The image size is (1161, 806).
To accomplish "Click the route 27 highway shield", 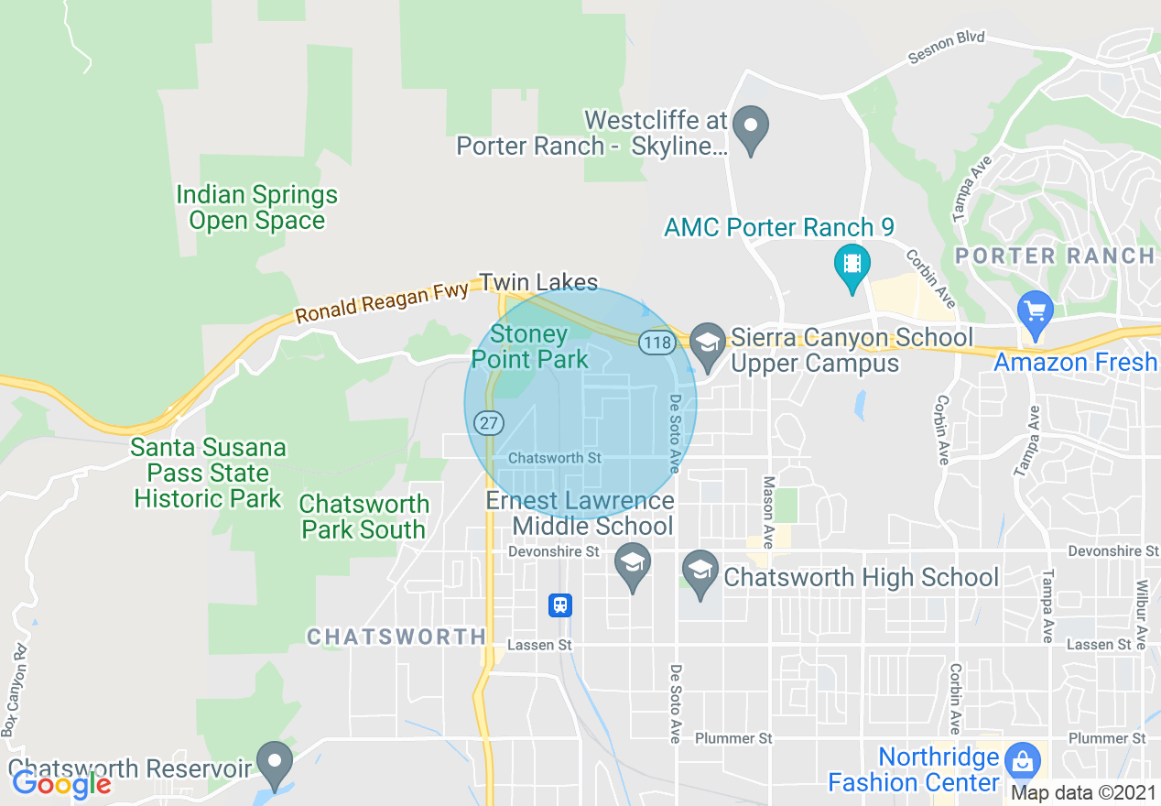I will [x=487, y=422].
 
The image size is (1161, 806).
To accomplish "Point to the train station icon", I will [x=560, y=604].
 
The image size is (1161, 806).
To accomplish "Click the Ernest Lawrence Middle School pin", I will [x=633, y=564].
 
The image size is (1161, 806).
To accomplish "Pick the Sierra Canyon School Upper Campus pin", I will [x=707, y=345].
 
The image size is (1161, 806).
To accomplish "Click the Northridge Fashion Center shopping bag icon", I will [x=1021, y=759].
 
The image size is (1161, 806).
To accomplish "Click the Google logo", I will [x=60, y=784].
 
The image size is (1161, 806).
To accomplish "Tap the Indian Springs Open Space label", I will [x=256, y=208].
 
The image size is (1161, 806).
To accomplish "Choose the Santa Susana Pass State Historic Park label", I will [x=208, y=474].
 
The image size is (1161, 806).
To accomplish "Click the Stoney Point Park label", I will [x=530, y=347].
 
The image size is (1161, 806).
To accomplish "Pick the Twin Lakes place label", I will [x=538, y=283].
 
